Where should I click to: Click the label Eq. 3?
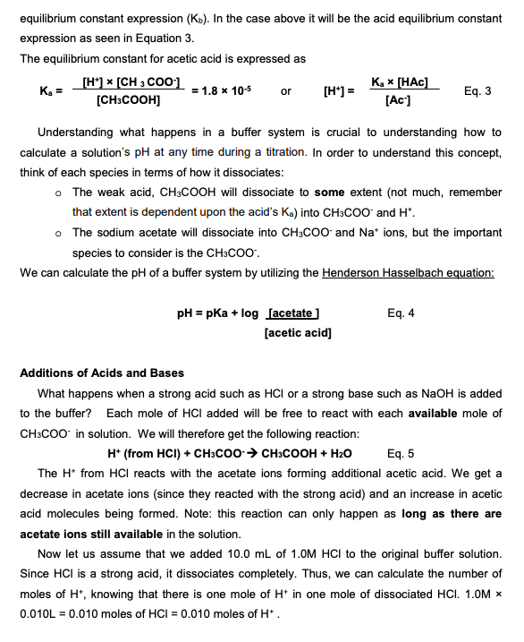pos(478,90)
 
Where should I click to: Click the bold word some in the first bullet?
pos(328,193)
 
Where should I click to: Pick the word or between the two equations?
pos(285,91)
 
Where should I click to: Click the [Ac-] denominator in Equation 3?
pos(397,100)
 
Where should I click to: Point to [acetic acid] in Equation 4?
pos(298,333)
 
